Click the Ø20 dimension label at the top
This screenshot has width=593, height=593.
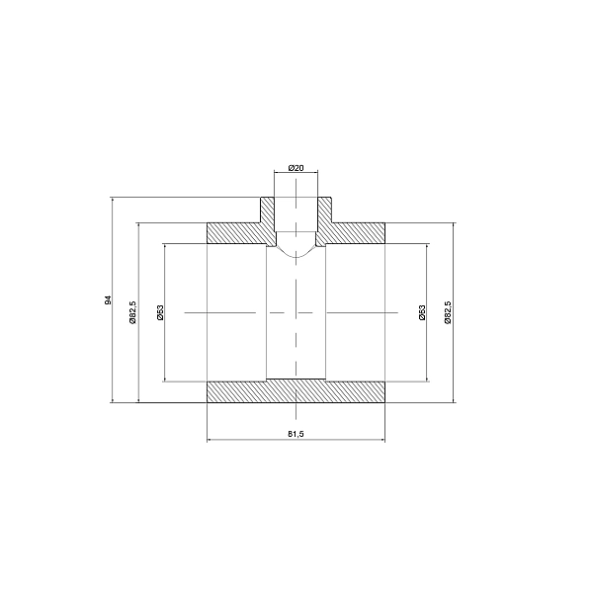click(x=296, y=168)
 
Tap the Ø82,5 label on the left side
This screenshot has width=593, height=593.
click(x=132, y=312)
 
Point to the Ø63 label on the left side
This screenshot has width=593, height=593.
click(x=159, y=312)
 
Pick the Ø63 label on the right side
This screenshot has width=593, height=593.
click(x=421, y=312)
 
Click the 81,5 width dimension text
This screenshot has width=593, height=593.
click(x=296, y=434)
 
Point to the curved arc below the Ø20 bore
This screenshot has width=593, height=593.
click(x=296, y=254)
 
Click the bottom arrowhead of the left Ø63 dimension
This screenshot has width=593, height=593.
click(x=165, y=379)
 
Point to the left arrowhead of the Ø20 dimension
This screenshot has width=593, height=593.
click(x=278, y=175)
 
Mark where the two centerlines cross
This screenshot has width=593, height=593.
click(x=296, y=312)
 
